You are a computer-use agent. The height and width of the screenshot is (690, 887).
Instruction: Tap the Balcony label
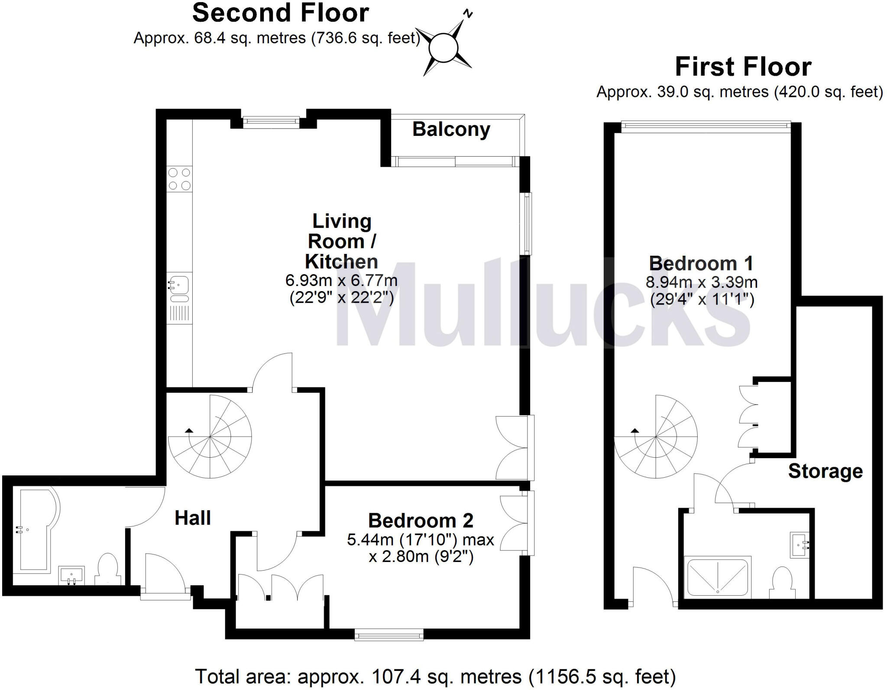coord(451,129)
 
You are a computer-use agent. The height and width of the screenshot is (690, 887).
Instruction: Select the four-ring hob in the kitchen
coord(179,179)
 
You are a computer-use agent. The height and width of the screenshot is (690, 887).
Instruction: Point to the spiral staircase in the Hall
coord(210,437)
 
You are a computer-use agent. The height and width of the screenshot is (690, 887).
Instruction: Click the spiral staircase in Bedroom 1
coord(656,437)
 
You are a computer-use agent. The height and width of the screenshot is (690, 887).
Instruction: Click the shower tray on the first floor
coord(717,578)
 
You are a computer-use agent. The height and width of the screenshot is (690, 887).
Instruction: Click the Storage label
coord(825,471)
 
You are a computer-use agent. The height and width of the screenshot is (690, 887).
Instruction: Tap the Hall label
coord(193,518)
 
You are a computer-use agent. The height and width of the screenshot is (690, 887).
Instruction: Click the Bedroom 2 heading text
coord(421,520)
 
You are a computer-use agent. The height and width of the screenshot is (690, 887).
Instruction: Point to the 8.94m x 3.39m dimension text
coord(702,282)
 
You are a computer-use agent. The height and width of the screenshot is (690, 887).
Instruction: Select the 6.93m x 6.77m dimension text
coord(341,280)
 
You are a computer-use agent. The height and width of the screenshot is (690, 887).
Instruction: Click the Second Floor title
coord(281,13)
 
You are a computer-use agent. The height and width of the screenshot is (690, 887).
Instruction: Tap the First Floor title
coord(743,67)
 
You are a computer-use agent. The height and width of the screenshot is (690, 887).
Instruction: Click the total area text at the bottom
coord(435,677)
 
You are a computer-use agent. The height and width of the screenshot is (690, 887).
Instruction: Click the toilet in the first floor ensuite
coord(782,582)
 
